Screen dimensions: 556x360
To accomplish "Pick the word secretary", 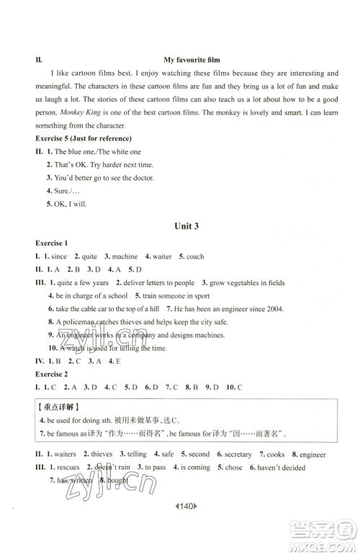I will point(236,454).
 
